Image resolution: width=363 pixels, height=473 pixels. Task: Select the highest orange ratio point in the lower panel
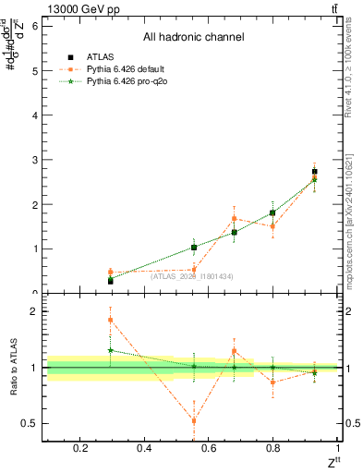111,320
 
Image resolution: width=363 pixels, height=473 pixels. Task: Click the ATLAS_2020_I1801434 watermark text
192,276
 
